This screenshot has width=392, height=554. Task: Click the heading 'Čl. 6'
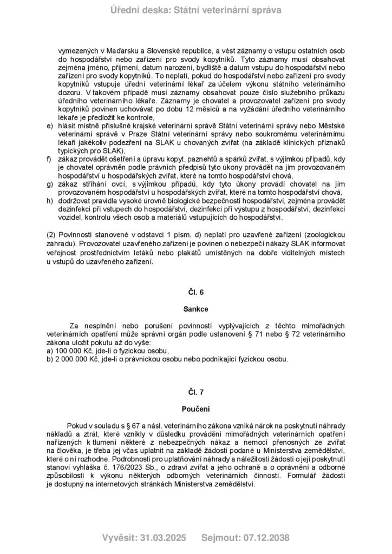(196, 292)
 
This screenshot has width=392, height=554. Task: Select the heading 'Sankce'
(196, 311)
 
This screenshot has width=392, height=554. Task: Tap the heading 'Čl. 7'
(196, 391)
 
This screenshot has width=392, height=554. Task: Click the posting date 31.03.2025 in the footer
(162, 538)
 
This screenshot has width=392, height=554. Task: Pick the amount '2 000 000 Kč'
(77, 359)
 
